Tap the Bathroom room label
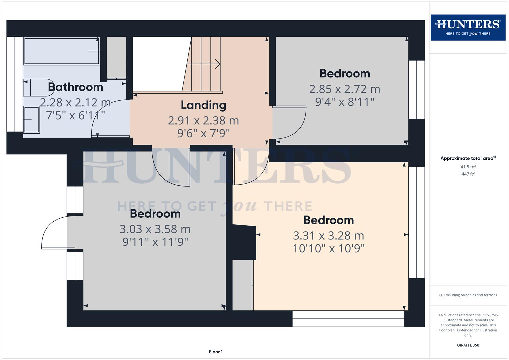point(76,87)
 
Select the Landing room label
point(203,105)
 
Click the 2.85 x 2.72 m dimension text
point(344,89)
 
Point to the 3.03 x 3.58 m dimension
point(155,229)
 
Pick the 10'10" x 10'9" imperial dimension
point(328,248)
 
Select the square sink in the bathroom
point(31,120)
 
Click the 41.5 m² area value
point(468,167)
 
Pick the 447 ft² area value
point(468,174)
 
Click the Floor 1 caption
point(216,352)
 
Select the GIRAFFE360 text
point(468,345)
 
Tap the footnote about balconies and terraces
point(468,295)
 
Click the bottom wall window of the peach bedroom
point(348,319)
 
